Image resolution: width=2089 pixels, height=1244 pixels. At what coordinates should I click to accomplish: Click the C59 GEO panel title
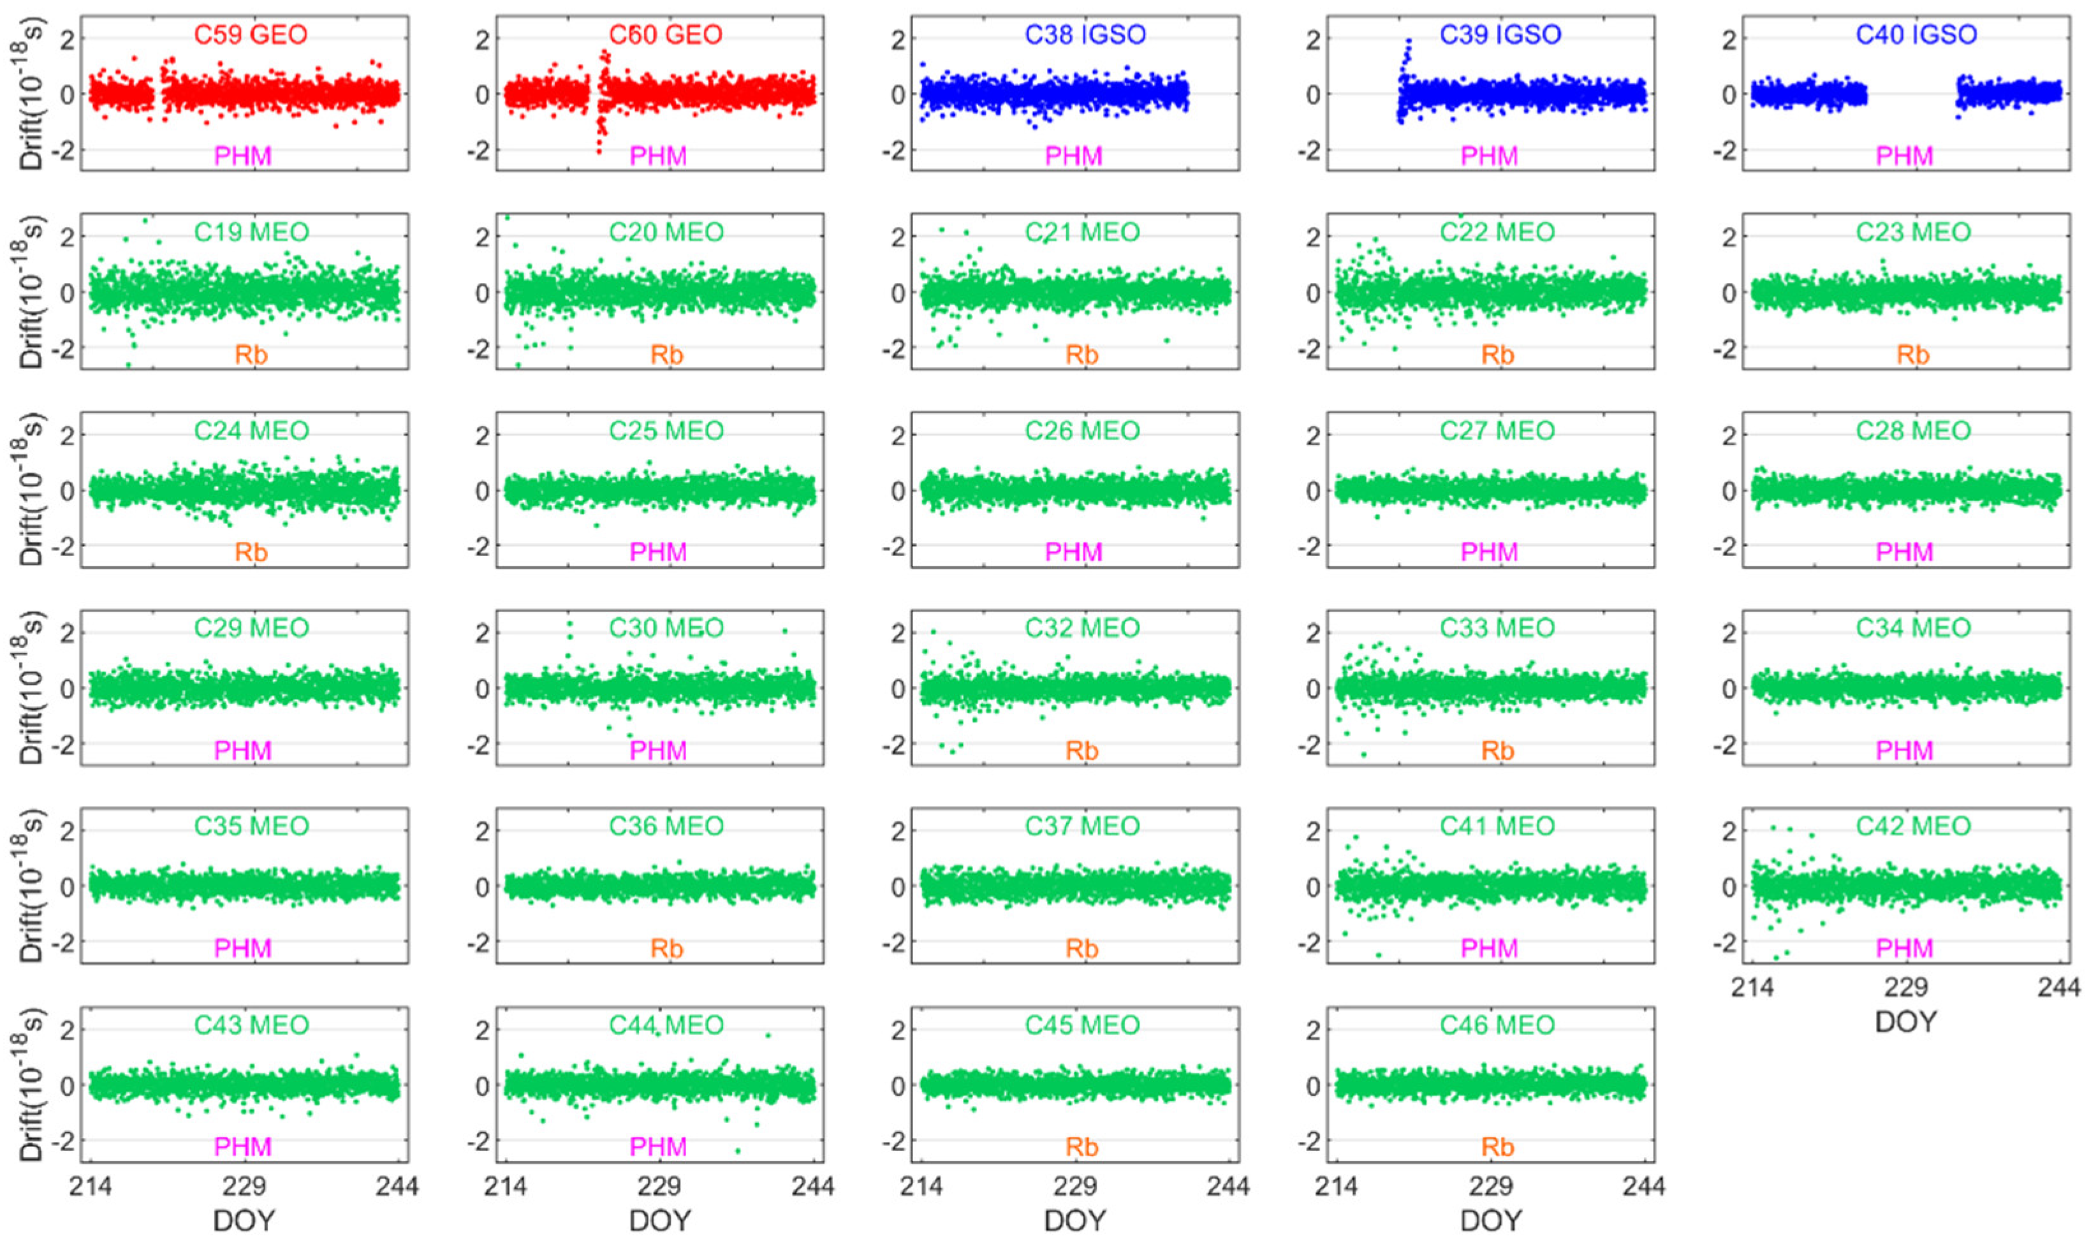coord(251,34)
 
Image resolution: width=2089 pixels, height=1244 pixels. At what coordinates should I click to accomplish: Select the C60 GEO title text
coord(666,34)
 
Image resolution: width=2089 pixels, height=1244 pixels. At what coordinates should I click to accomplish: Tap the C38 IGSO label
coord(1085,34)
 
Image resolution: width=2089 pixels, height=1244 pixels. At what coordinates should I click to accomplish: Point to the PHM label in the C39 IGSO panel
coord(1489,156)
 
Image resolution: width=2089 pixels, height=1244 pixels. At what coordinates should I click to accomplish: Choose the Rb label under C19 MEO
coord(251,355)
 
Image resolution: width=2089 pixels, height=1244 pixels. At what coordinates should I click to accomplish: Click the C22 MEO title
coord(1497,232)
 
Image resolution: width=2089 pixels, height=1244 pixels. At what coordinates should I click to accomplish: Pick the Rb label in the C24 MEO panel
coord(251,552)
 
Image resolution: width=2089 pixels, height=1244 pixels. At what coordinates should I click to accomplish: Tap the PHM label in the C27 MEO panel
coord(1489,552)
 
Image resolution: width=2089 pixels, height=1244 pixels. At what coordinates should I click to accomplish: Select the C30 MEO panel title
coord(666,628)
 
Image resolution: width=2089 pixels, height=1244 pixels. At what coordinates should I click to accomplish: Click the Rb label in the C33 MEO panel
coord(1497,750)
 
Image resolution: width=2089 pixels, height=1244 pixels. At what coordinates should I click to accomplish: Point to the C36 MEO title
coord(666,826)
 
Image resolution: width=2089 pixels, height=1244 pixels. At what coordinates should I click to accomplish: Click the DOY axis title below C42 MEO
coord(1905,1022)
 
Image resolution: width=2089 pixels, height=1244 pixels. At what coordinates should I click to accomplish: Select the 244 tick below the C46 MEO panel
coord(1644,1186)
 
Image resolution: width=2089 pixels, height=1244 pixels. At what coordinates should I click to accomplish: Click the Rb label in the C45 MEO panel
coord(1081,1146)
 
